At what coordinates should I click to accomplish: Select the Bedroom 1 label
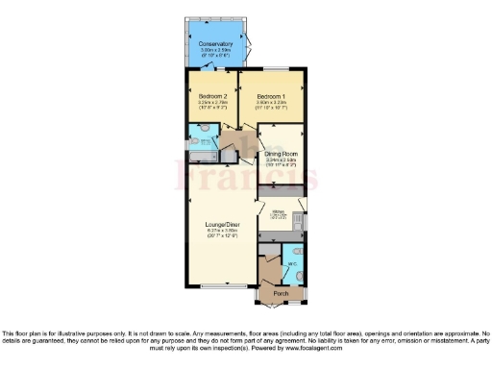pos(273,97)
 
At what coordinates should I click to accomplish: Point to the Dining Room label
pos(285,155)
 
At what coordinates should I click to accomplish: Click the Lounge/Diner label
pos(221,224)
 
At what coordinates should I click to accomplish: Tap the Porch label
pos(281,293)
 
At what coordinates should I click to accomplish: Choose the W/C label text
pos(291,262)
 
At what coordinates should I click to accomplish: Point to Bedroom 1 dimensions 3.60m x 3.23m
pos(273,104)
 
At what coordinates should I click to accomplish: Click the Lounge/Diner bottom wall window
pos(222,287)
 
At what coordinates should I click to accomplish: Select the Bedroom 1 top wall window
pos(275,68)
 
